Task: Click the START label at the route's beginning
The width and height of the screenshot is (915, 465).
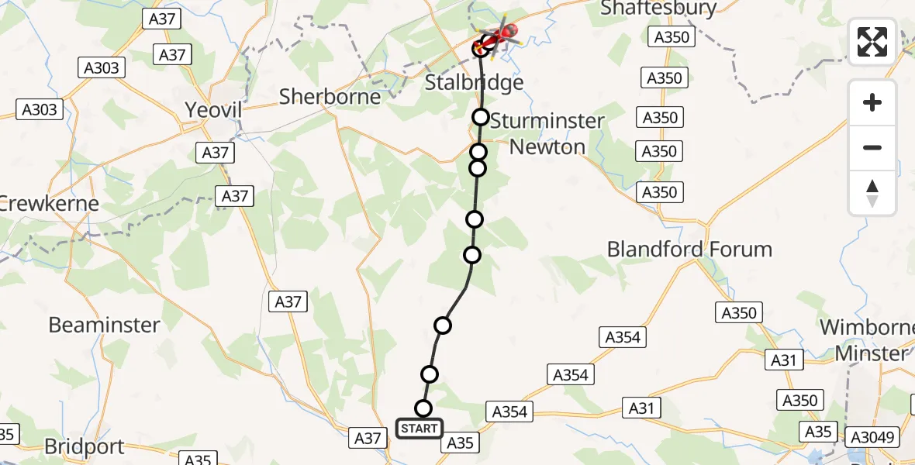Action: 420,428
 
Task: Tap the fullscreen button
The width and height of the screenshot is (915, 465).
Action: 872,42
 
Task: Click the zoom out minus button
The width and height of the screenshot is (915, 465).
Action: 872,147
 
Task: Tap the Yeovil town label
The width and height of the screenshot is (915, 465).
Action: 213,110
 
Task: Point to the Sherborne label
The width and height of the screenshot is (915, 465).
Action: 330,97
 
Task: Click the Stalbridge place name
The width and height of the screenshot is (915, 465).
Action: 475,82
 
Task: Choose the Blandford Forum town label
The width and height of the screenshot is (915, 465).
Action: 689,250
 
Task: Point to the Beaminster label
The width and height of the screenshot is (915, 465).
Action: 104,325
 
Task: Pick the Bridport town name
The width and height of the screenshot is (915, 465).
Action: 85,447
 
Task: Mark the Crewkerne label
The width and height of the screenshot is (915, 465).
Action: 49,204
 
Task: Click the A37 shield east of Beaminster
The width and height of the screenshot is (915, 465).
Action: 288,301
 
